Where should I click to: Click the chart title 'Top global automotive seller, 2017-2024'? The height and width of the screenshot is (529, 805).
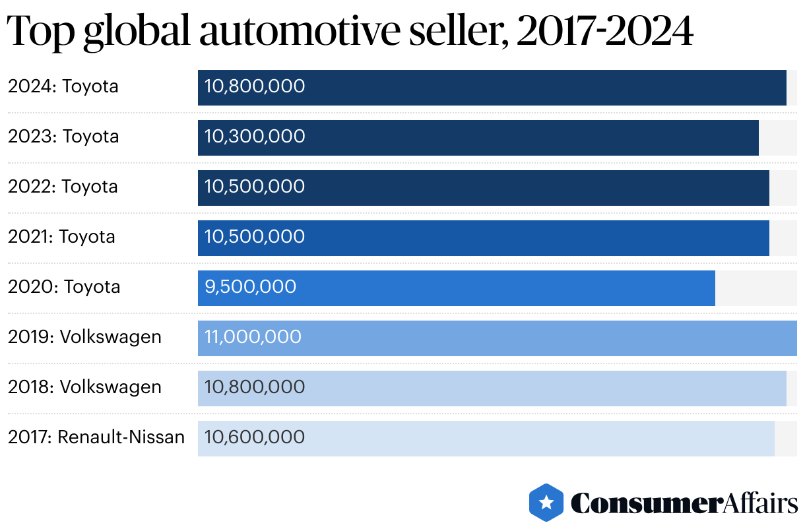pos(350,31)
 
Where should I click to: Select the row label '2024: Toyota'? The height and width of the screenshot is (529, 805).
pos(63,86)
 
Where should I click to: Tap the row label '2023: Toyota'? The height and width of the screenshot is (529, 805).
pos(63,137)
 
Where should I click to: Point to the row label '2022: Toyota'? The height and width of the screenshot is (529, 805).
pos(63,187)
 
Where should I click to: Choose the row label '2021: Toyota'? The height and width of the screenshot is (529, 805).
pos(61,237)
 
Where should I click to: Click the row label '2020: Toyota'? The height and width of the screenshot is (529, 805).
pos(64,287)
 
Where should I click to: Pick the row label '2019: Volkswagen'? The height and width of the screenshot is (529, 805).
pos(84,337)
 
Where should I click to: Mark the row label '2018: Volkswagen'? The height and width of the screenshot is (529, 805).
pos(84,387)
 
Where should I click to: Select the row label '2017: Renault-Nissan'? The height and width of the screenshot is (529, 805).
pos(96,437)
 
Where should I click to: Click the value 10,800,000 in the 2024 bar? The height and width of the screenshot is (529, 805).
pos(255,86)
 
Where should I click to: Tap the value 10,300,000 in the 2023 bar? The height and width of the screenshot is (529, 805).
pos(255,137)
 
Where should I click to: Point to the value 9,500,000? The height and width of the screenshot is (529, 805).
pos(250,287)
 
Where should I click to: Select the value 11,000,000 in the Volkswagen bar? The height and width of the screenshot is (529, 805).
pos(253,337)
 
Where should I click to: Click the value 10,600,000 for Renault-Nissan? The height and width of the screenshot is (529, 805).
pos(255,437)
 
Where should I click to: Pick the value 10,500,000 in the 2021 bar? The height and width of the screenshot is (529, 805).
pos(255,237)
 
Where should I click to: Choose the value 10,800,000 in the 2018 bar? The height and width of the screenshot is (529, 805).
pos(255,387)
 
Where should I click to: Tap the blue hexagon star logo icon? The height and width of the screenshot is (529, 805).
pos(546,503)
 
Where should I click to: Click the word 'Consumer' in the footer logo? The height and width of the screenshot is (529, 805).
pos(644,503)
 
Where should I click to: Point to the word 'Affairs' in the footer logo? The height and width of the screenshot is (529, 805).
pos(758,503)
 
